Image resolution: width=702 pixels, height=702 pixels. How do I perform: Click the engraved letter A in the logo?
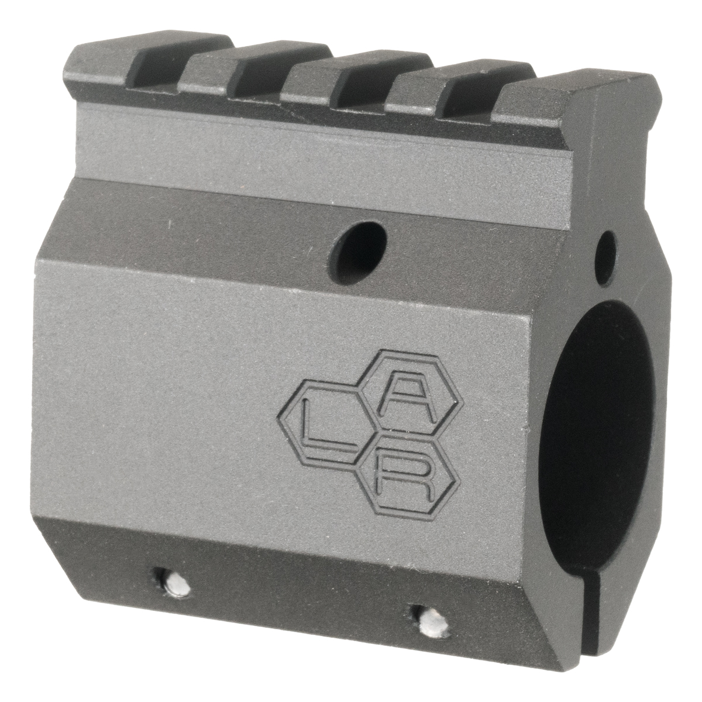[x=407, y=401]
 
